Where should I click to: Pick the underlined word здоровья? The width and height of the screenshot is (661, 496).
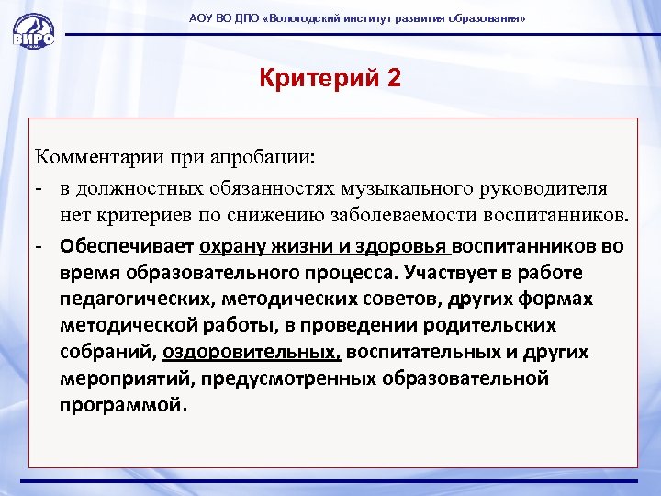[407, 246]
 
